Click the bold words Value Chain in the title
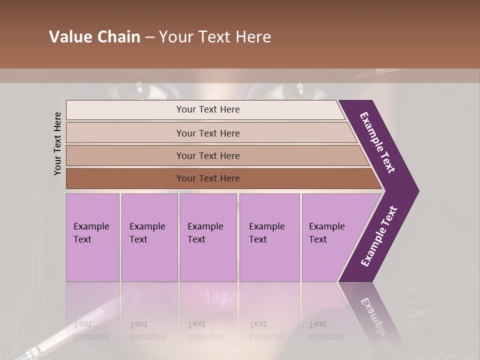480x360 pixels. [94, 37]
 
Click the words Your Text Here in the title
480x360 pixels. [215, 37]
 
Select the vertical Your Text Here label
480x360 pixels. [57, 143]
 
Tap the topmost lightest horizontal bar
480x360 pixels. [207, 109]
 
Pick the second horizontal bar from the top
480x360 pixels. [207, 133]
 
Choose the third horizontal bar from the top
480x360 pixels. [207, 155]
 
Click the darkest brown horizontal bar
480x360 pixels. [207, 178]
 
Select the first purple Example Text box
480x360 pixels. [92, 237]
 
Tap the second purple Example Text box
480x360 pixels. [149, 237]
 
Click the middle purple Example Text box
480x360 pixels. [208, 237]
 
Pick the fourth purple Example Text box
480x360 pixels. [269, 237]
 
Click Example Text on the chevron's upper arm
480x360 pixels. [377, 142]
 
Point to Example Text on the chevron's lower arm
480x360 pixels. [379, 236]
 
